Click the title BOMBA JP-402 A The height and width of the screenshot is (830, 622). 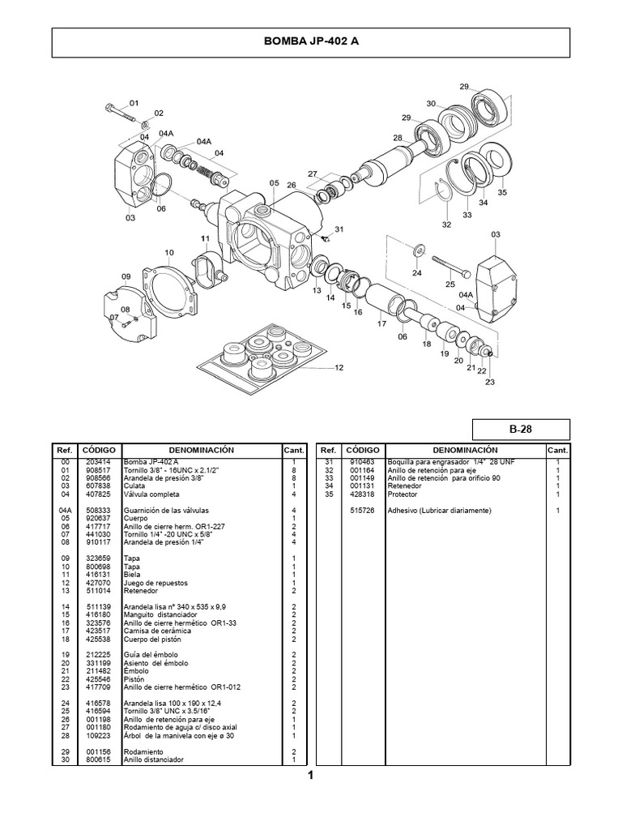pyautogui.click(x=311, y=42)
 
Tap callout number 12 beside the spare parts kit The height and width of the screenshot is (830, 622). pyautogui.click(x=339, y=367)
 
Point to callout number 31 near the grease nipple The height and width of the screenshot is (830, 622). pyautogui.click(x=339, y=229)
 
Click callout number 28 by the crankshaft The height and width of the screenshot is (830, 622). pyautogui.click(x=398, y=138)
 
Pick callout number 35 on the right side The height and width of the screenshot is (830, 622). pyautogui.click(x=502, y=193)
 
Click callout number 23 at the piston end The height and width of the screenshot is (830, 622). pyautogui.click(x=489, y=383)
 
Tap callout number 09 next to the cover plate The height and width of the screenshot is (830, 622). pyautogui.click(x=126, y=276)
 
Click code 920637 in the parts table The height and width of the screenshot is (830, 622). pyautogui.click(x=99, y=516)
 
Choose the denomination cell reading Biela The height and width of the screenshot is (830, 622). pyautogui.click(x=131, y=573)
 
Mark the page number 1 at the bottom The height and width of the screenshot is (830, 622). pyautogui.click(x=310, y=776)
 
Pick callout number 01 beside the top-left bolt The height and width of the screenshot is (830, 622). pyautogui.click(x=134, y=104)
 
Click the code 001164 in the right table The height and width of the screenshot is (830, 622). pyautogui.click(x=362, y=469)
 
